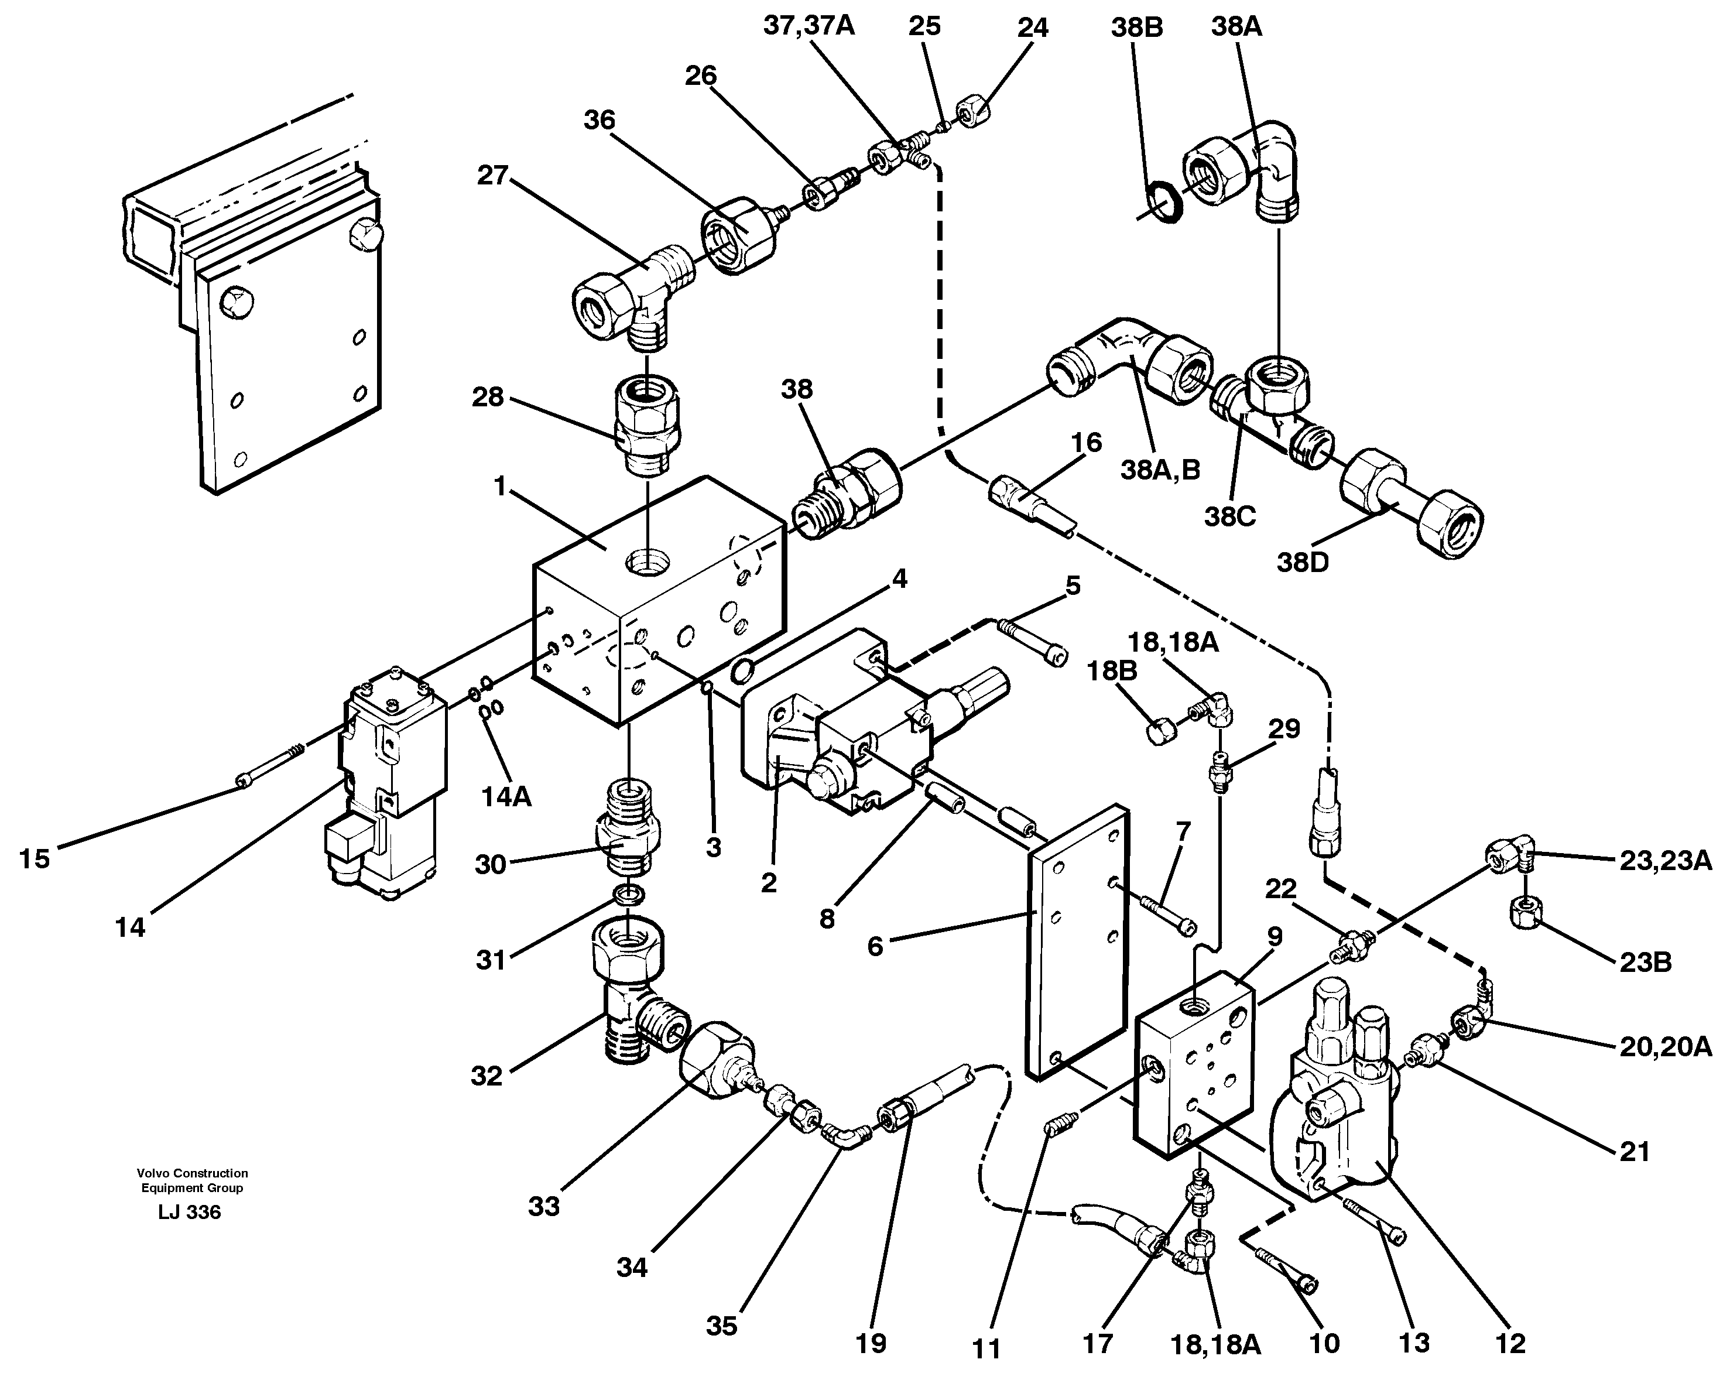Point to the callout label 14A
(506, 797)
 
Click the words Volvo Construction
(192, 1173)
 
